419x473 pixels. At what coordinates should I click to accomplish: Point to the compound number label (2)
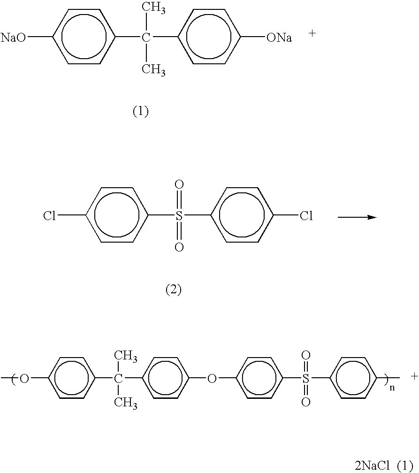tap(174, 290)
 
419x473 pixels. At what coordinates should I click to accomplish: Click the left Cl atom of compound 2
tap(49, 216)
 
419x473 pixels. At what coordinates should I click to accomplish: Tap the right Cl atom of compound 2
tap(306, 216)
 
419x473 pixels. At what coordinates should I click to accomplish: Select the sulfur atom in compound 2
tap(179, 216)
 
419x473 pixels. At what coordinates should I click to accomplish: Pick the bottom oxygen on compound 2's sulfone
tap(179, 247)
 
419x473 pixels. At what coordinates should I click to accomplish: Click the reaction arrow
tap(357, 217)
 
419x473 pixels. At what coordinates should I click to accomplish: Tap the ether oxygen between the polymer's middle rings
tap(212, 379)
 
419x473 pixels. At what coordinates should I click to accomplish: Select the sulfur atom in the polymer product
tap(306, 379)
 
